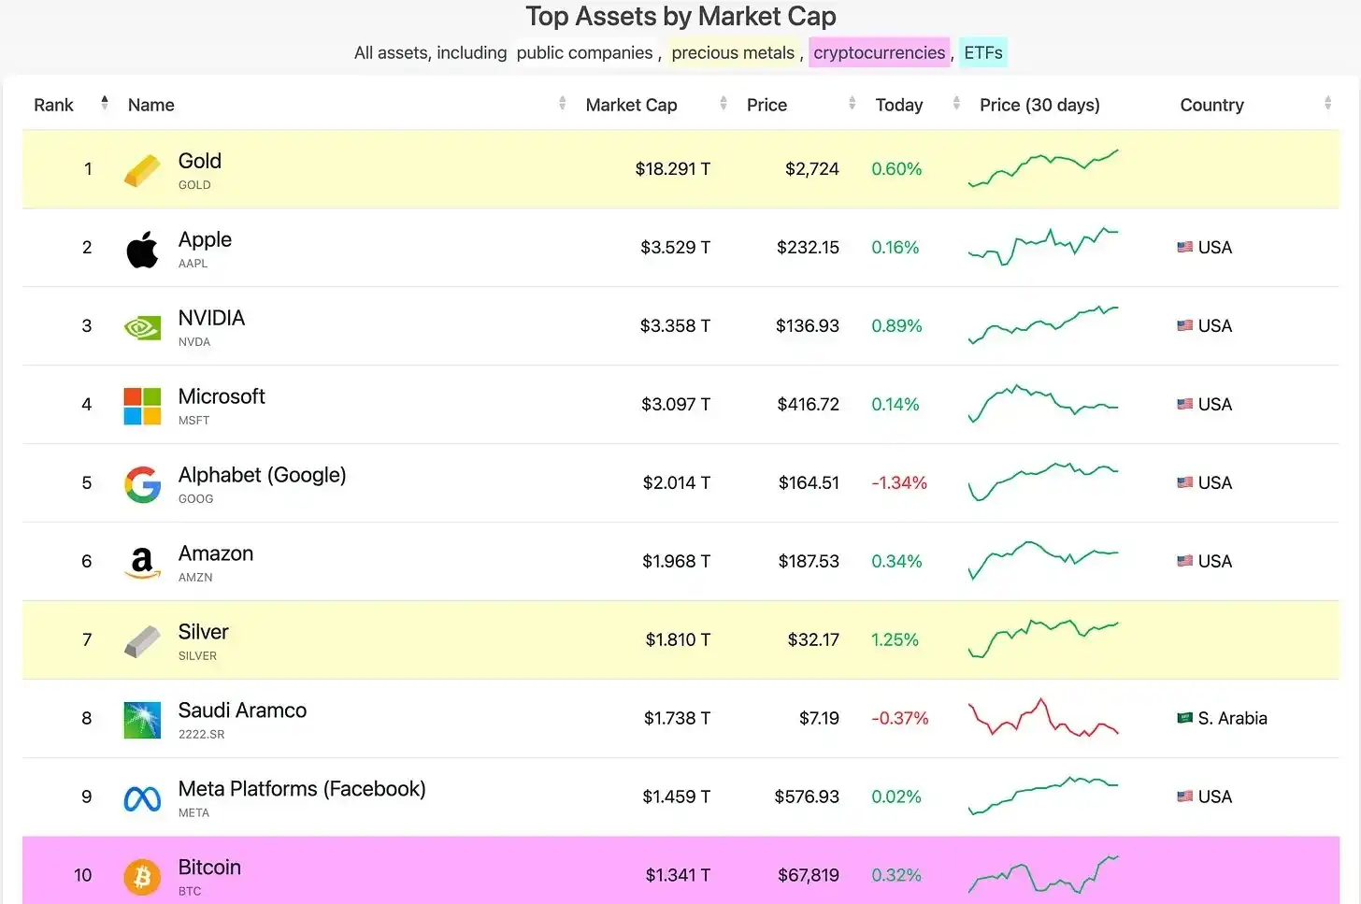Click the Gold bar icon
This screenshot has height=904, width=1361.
click(x=142, y=170)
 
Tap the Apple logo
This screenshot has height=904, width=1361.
click(x=142, y=249)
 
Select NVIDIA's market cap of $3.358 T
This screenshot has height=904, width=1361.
click(x=675, y=326)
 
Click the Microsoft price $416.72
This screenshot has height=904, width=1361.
click(x=808, y=405)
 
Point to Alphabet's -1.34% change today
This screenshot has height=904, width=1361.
click(x=899, y=483)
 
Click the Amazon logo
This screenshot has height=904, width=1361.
click(x=142, y=563)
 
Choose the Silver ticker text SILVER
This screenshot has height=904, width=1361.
click(x=197, y=656)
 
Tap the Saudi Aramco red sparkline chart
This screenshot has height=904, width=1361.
click(x=1043, y=718)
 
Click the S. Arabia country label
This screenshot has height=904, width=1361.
click(x=1232, y=719)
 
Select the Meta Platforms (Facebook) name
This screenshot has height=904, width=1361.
click(x=302, y=789)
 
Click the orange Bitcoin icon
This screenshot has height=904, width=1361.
click(x=142, y=877)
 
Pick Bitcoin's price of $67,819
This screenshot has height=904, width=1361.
click(x=808, y=876)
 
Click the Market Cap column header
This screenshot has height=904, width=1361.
click(x=631, y=106)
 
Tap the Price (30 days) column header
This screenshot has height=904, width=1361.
click(x=1039, y=106)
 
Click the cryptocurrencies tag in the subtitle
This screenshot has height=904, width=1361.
click(x=879, y=53)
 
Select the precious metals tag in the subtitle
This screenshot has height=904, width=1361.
click(x=733, y=53)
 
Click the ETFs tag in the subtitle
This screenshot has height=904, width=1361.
click(x=983, y=53)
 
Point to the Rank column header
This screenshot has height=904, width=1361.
click(x=53, y=106)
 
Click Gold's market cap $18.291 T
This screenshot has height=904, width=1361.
click(x=672, y=169)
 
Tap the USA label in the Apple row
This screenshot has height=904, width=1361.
click(x=1214, y=248)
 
